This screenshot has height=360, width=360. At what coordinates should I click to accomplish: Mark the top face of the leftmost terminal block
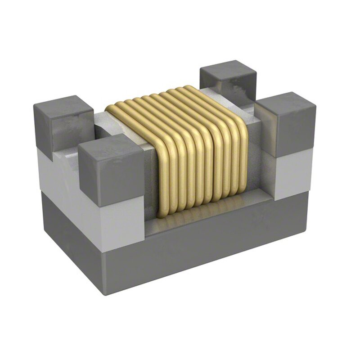(63, 106)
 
